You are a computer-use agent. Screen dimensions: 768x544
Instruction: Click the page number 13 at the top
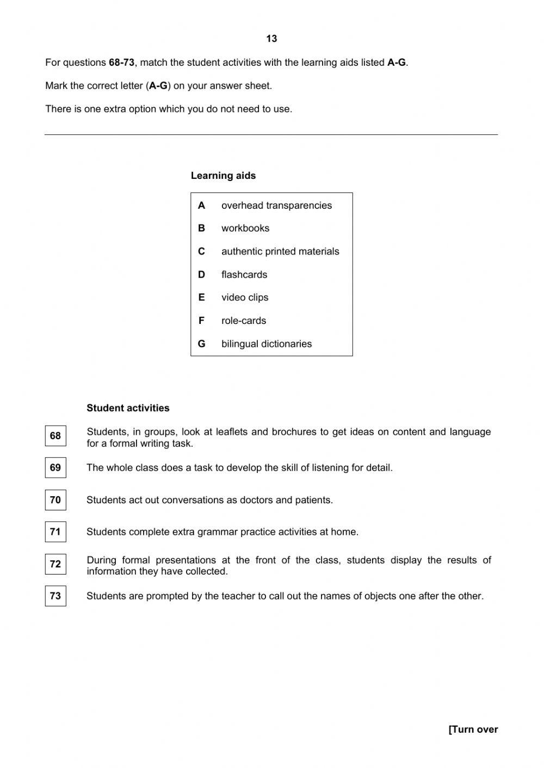tap(271, 39)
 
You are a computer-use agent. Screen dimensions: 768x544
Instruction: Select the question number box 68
tap(55, 436)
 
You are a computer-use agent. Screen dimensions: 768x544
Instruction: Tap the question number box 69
tap(55, 467)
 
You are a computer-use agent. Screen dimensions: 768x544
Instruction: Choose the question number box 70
tap(55, 500)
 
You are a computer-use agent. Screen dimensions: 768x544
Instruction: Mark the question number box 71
tap(55, 532)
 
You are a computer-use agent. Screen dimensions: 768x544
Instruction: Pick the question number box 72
tap(55, 564)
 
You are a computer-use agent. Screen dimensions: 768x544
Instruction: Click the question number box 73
tap(55, 596)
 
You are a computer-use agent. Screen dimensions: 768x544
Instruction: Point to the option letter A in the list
tap(202, 205)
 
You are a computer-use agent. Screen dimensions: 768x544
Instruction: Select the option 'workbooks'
tap(245, 228)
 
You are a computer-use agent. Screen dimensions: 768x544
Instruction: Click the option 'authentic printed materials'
tap(280, 252)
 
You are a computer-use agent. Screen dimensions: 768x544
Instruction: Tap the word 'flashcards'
tap(244, 274)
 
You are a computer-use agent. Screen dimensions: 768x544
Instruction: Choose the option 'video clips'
tap(245, 297)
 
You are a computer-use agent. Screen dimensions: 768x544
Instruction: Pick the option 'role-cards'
tap(244, 321)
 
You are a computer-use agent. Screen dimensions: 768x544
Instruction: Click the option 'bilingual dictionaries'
tap(267, 344)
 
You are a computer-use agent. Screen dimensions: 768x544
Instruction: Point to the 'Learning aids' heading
tap(223, 176)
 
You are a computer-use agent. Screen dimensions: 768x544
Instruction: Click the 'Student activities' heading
tap(128, 408)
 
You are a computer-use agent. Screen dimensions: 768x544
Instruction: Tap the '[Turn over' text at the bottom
tap(473, 729)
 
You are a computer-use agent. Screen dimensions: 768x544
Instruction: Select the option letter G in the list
tap(202, 344)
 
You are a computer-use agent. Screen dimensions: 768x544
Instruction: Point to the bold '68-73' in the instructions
tap(121, 63)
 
